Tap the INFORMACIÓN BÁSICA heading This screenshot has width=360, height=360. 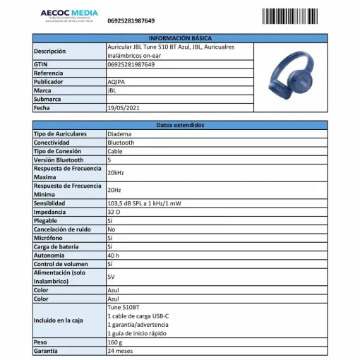(180, 37)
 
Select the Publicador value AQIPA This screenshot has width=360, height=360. (116, 82)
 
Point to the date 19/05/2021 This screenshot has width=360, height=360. (124, 109)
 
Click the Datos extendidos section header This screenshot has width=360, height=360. (180, 125)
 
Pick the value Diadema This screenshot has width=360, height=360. (119, 134)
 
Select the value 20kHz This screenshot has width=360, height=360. (116, 173)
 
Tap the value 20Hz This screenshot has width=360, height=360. (114, 191)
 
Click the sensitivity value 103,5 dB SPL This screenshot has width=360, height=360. (144, 203)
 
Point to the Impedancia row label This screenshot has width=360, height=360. (50, 212)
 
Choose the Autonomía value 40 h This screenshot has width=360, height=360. (114, 255)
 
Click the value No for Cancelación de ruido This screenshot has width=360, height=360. (112, 229)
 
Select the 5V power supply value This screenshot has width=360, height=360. (112, 277)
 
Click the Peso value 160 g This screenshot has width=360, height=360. (116, 342)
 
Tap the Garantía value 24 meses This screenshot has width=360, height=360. (120, 351)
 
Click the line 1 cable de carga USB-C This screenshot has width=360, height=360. (138, 316)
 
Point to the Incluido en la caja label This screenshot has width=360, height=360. (59, 320)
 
